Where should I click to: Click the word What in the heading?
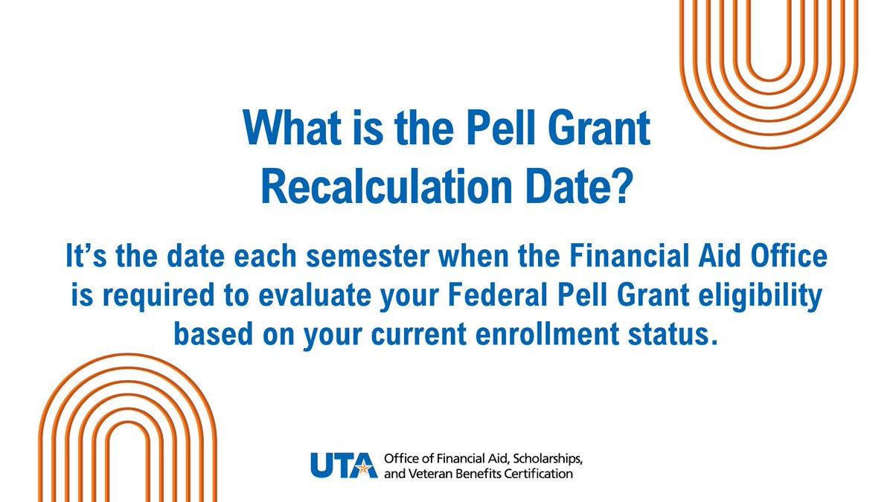click(292, 127)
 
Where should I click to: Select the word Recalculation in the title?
click(386, 186)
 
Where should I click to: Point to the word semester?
click(368, 256)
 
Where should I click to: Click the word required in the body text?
click(159, 296)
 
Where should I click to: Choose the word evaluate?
click(315, 295)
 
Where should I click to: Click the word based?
click(214, 333)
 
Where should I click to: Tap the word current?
click(418, 335)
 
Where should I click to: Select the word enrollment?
click(548, 333)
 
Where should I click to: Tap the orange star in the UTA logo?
click(363, 468)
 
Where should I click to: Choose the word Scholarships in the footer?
click(548, 460)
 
